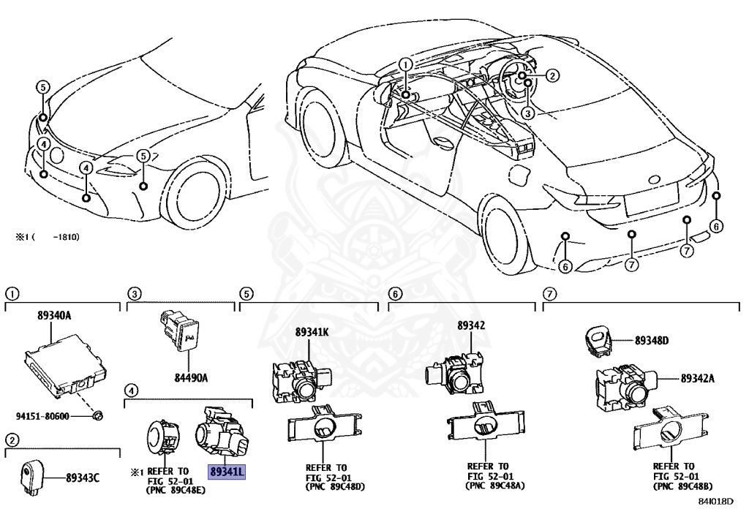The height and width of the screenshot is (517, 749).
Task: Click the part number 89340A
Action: tap(55, 316)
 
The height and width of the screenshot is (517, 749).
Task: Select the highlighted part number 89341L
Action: tap(227, 472)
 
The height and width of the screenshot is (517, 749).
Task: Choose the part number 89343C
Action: tap(82, 478)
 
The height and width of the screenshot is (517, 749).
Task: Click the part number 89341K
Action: tap(312, 331)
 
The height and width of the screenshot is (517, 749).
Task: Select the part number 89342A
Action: tap(697, 379)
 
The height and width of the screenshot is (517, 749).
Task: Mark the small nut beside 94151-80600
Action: tap(97, 416)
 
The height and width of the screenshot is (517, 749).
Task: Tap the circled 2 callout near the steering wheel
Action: tap(552, 75)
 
